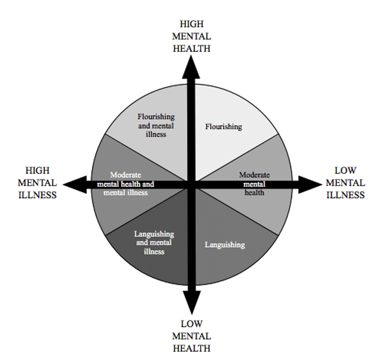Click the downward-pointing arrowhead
coord(192,302)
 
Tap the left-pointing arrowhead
coord(75,184)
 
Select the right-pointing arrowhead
coord(309,184)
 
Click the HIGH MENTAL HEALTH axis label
coord(191,36)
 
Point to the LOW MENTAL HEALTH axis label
coord(191,336)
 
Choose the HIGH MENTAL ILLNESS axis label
coord(37,183)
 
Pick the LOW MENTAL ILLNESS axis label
coord(346,183)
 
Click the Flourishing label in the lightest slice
coord(224,127)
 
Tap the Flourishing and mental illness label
coord(156,125)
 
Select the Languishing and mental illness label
coord(154,242)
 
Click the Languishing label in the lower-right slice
coord(225,245)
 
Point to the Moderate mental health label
coord(254,184)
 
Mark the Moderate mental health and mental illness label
coord(126,184)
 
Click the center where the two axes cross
coord(191,184)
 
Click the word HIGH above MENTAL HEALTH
coord(191,24)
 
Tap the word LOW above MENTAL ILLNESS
coord(346,171)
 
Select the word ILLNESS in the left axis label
coord(37,195)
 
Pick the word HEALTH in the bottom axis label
coord(191,348)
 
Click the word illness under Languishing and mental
coord(154,251)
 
